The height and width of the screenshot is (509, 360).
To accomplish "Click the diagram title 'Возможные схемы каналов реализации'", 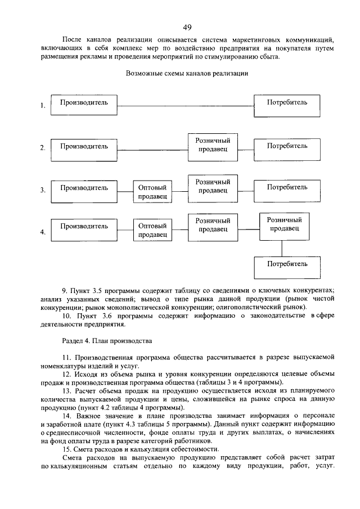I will pyautogui.click(x=188, y=73).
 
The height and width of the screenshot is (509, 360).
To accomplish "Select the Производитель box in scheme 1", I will pyautogui.click(x=84, y=105).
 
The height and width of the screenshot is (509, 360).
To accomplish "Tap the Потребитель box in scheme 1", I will pyautogui.click(x=287, y=105).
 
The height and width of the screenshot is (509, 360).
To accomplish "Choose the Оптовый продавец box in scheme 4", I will pyautogui.click(x=152, y=231).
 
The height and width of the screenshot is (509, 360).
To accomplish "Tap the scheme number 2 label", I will pyautogui.click(x=42, y=148).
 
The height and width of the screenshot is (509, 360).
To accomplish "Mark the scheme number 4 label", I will pyautogui.click(x=42, y=231).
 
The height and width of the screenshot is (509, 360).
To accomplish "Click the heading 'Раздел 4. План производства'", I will pyautogui.click(x=106, y=341).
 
